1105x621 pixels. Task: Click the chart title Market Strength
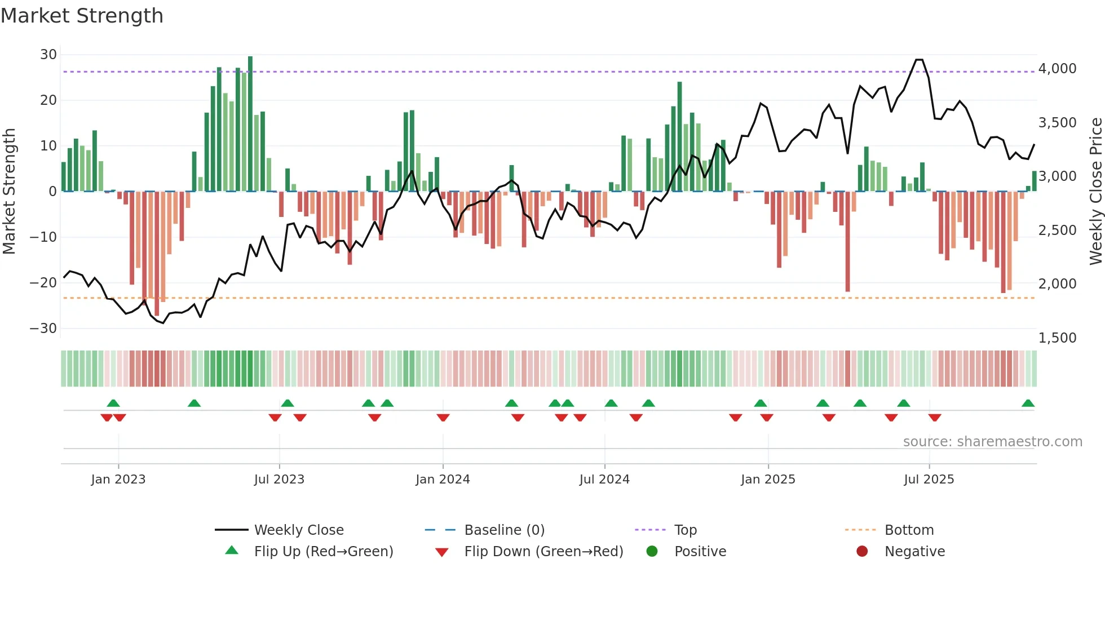82,16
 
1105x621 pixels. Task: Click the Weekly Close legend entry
298,530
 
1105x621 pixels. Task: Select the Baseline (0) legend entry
504,530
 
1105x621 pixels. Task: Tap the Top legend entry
685,530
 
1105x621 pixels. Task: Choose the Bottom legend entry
909,530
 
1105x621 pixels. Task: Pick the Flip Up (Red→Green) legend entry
323,552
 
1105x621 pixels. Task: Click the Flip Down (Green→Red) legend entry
543,552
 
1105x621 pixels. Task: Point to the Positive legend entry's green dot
652,552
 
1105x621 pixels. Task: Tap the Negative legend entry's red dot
862,552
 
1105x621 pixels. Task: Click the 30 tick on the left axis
48,55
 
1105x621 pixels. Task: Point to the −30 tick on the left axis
43,329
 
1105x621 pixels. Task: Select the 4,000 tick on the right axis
1057,69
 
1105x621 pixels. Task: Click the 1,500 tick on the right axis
1057,338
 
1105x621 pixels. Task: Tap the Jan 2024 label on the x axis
443,480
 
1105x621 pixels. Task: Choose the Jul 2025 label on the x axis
929,480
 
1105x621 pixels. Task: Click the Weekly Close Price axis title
1095,192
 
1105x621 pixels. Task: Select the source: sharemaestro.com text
992,442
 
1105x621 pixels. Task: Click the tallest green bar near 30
250,124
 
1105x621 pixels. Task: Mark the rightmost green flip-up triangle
1028,403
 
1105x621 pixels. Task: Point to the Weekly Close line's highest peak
919,60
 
